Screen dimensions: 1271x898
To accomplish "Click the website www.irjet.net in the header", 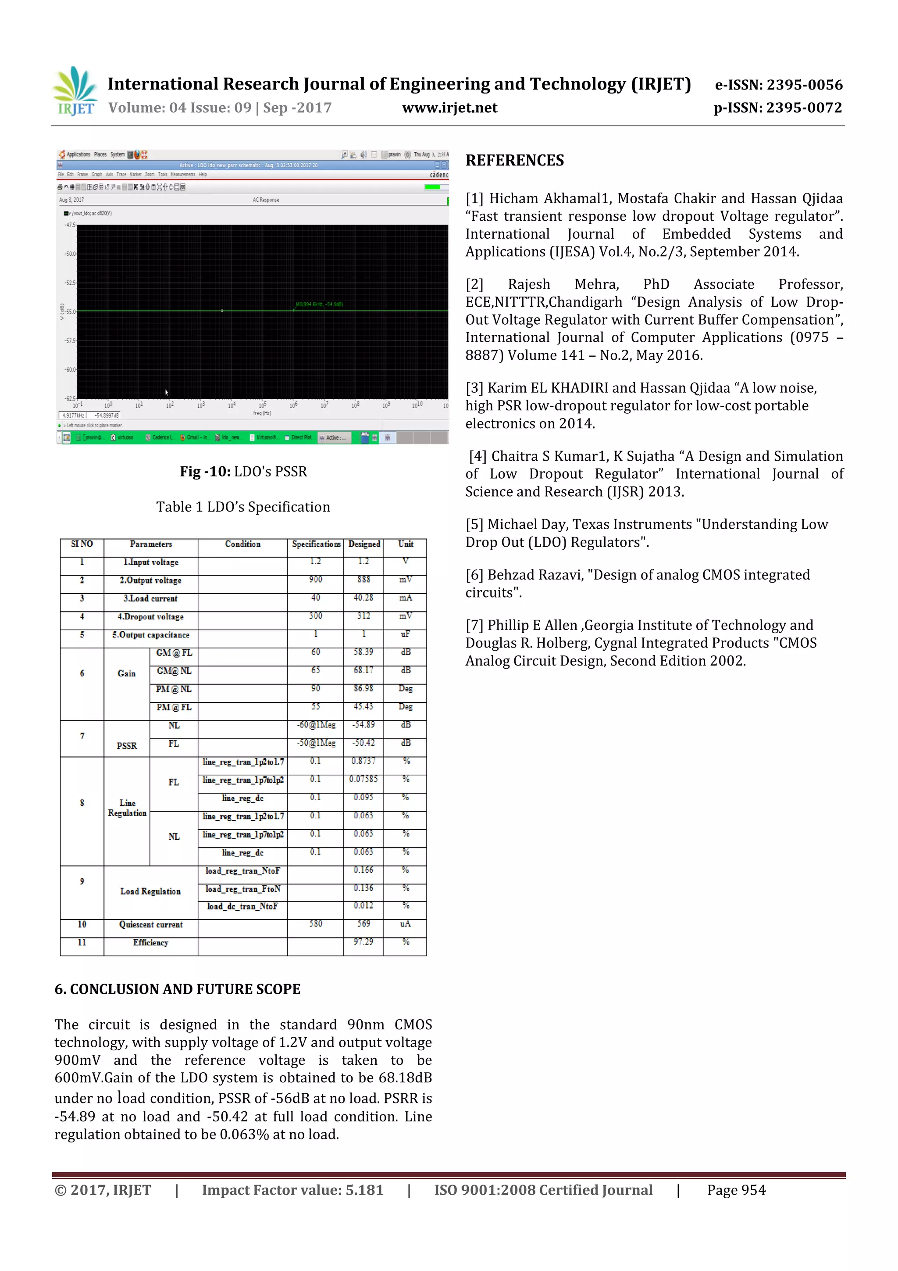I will [449, 108].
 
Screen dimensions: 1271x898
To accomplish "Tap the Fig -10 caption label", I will [205, 472].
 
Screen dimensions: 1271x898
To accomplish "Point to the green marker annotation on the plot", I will [319, 304].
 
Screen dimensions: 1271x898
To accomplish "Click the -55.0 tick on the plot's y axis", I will [70, 311].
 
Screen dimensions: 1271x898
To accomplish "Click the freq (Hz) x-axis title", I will [262, 413].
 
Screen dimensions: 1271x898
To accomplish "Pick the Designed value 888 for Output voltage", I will [363, 580].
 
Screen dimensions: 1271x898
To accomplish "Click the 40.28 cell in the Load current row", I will [363, 598].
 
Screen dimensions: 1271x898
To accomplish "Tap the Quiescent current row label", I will [150, 924].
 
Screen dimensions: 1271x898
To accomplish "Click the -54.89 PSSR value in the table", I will [363, 725].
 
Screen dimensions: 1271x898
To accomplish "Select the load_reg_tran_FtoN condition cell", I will [242, 889].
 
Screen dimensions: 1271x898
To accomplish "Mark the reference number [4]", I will [478, 457].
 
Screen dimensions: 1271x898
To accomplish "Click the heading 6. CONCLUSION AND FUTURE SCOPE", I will [177, 989].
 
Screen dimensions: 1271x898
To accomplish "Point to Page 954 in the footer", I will [736, 1190].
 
